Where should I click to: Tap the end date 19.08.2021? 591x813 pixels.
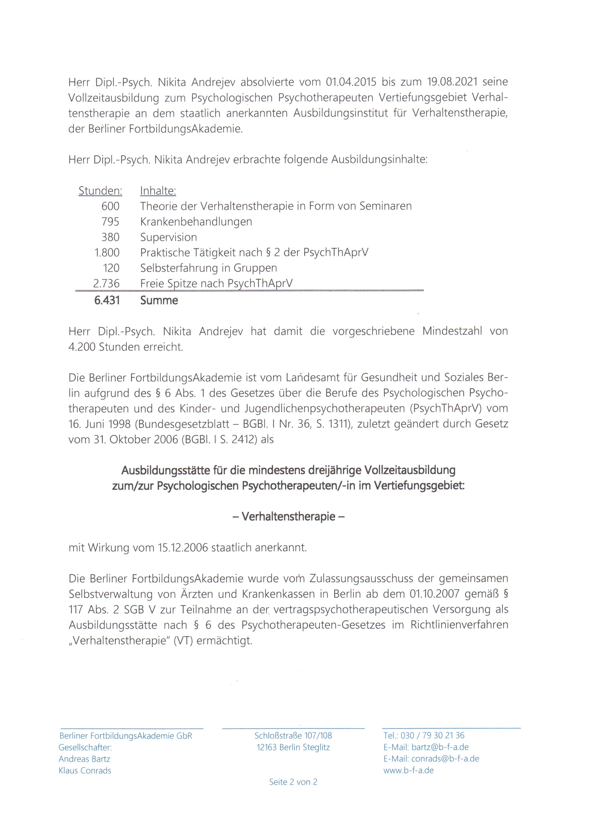coord(452,82)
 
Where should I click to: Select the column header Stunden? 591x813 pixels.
coord(100,191)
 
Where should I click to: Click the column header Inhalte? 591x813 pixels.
coord(158,191)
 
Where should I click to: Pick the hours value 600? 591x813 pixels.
coord(110,206)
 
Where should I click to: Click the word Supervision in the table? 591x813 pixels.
coord(168,237)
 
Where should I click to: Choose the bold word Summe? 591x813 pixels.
coord(159,300)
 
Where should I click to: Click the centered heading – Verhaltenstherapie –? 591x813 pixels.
coord(289,517)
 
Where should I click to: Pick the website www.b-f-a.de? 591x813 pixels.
coord(409,770)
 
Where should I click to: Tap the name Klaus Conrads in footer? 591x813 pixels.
coord(85,771)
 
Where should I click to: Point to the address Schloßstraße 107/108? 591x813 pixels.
coord(293,736)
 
